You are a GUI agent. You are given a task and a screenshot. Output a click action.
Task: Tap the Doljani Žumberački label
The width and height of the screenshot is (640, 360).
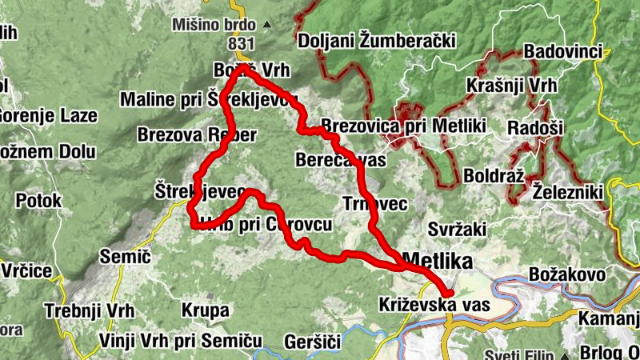pos(376,41)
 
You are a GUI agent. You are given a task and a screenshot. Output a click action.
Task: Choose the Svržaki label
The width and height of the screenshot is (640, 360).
pos(456,230)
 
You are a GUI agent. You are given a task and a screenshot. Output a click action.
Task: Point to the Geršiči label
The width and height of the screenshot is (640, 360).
pos(312,342)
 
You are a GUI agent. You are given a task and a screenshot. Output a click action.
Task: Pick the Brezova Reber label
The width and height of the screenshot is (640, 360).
pos(197,134)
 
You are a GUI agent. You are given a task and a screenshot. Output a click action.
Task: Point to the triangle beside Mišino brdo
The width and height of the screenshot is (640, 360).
pos(267,25)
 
